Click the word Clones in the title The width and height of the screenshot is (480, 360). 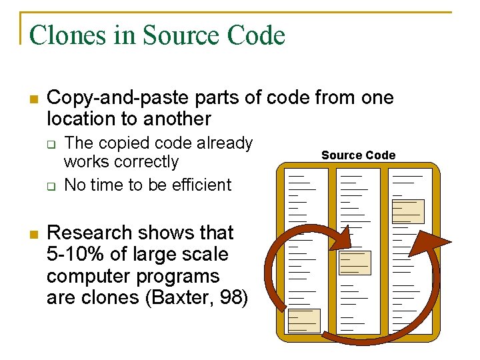(67, 35)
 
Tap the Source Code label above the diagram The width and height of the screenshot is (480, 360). (358, 155)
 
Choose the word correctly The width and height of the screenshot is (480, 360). (146, 162)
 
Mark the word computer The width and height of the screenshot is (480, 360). (90, 276)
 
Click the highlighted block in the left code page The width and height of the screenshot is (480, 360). (304, 320)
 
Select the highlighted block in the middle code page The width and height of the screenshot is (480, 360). (354, 263)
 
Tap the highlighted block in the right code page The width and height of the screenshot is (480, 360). (407, 211)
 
